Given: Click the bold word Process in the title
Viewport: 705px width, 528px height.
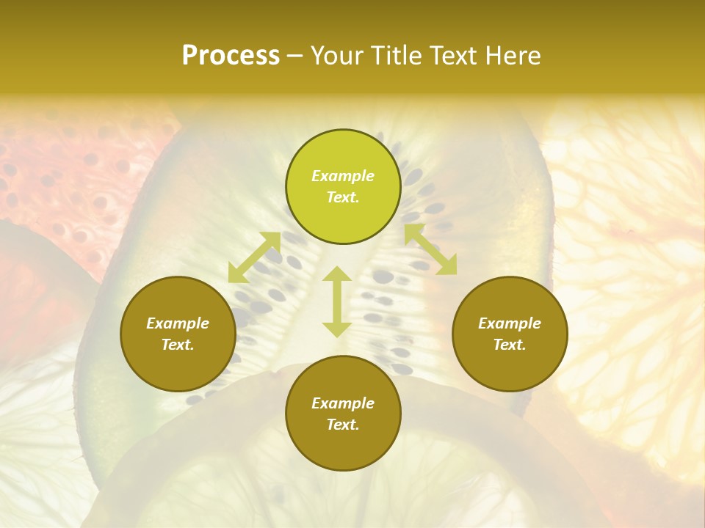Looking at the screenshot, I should point(231,56).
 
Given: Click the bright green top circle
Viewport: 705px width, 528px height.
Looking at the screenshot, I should point(343,187).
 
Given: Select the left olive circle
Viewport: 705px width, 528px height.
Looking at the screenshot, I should point(178,334).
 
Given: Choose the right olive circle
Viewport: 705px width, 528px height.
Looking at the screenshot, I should point(510,334).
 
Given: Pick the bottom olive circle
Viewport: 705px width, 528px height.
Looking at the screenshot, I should point(343,414).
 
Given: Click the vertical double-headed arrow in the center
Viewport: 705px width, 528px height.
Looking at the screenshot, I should point(337,301).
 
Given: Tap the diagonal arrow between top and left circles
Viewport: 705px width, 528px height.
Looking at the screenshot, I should point(254,257).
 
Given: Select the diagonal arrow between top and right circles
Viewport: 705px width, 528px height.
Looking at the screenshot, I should point(430,250).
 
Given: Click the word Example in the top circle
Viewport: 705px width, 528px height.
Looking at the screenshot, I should point(343,176).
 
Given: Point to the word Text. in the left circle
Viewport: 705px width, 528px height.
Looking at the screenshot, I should point(178,345).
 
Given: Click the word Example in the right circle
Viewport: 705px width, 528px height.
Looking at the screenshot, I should point(510,323).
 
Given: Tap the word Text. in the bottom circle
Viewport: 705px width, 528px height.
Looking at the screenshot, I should point(343,425).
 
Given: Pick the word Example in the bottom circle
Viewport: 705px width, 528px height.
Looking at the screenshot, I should point(343,403).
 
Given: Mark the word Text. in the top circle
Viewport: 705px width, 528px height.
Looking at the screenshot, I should point(343,197).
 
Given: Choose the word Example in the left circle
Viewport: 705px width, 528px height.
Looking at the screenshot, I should point(178,323).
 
